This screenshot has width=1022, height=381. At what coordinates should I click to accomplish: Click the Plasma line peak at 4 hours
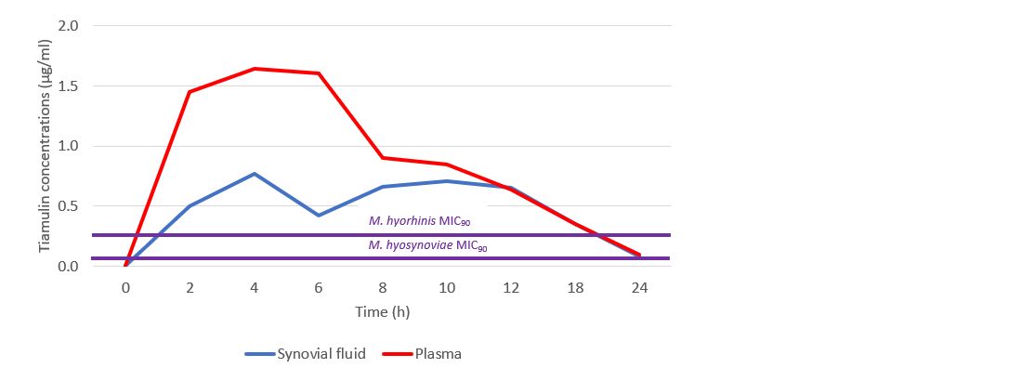(x=254, y=69)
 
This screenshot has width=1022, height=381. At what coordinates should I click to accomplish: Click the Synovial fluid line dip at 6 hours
(x=318, y=216)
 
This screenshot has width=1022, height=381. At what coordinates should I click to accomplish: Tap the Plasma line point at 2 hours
(x=190, y=92)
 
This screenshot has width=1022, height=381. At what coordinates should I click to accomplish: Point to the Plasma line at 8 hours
(x=382, y=158)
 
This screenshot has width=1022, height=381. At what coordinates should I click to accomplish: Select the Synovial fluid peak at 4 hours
(x=254, y=174)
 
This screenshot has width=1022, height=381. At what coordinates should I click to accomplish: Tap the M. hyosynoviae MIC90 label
(x=427, y=246)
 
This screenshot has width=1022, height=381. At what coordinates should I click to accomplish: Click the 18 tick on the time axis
(x=575, y=288)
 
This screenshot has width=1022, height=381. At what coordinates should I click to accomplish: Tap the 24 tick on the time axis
(x=639, y=288)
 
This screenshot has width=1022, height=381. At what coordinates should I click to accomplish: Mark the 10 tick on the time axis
(x=446, y=288)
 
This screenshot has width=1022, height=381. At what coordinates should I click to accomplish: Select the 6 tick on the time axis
(x=318, y=288)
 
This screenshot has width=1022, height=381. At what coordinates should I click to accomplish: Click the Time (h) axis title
(x=382, y=312)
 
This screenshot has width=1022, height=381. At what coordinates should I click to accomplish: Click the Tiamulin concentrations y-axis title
(x=44, y=145)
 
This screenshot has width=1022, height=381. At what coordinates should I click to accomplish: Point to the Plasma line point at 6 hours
(x=318, y=73)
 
